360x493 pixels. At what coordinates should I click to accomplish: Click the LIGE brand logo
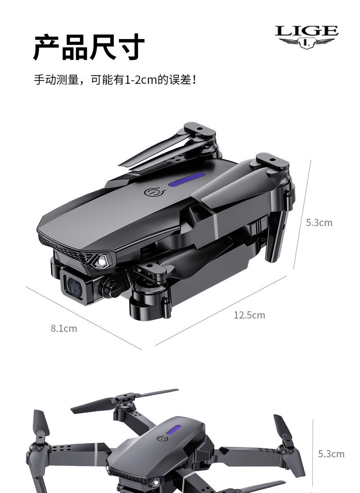point(307,37)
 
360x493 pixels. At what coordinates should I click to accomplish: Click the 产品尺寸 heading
point(89,47)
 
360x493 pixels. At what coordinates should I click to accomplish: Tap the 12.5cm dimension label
point(249,316)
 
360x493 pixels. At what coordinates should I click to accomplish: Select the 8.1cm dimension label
point(64,329)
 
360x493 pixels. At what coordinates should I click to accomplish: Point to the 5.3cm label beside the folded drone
point(319,223)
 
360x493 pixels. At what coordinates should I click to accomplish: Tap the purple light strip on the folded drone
point(187,176)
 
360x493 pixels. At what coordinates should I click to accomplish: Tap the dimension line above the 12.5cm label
point(221,310)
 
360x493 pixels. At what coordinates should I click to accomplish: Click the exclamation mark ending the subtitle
point(194,80)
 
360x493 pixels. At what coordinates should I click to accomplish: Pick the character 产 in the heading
point(47,47)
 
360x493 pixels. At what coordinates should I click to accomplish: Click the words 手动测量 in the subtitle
point(56,80)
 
